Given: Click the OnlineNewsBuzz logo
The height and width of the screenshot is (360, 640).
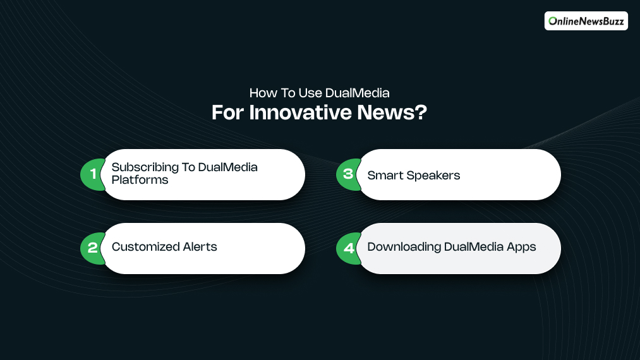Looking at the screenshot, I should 586,21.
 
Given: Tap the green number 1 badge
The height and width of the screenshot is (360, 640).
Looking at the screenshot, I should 92,174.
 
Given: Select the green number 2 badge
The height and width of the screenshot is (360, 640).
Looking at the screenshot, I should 92,248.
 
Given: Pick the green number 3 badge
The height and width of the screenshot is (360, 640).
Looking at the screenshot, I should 347,174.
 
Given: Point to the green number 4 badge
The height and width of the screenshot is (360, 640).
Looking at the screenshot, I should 347,248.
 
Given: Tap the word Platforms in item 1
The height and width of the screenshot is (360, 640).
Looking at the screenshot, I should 140,180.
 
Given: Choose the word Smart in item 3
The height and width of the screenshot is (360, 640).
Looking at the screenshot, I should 384,176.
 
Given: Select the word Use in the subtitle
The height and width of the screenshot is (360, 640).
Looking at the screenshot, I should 308,93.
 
